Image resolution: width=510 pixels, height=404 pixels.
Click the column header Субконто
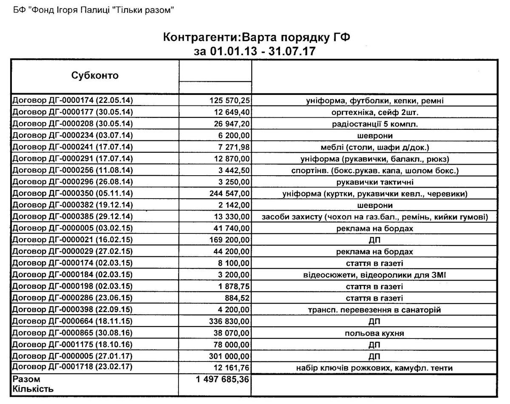[x=95, y=76]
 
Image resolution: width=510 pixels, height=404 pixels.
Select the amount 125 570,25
[x=231, y=101]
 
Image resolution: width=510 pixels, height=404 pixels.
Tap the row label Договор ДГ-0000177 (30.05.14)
[x=73, y=112]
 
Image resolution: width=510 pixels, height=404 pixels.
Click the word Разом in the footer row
[x=26, y=379]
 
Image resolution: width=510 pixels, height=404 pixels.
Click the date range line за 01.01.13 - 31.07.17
[x=255, y=51]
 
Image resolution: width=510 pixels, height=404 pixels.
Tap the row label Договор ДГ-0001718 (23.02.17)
[x=73, y=367]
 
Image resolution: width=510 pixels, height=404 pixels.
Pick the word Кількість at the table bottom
[x=33, y=389]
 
